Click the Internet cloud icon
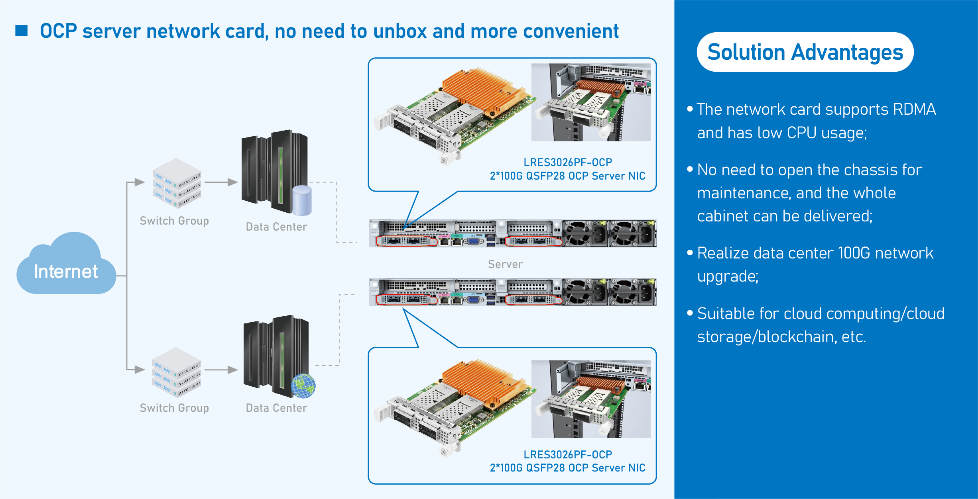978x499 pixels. (x=66, y=265)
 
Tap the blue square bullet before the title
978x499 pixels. (x=22, y=31)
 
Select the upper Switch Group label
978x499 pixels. (x=174, y=221)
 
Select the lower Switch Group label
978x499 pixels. (x=174, y=408)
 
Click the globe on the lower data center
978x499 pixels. (x=303, y=386)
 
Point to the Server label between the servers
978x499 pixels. (x=505, y=264)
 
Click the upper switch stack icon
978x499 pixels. (x=177, y=183)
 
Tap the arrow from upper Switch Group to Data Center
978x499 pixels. (x=221, y=182)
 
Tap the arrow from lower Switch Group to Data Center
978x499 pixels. (x=221, y=370)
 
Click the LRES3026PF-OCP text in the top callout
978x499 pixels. (x=568, y=162)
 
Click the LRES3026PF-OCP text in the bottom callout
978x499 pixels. (x=568, y=454)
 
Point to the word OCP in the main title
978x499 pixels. (x=59, y=31)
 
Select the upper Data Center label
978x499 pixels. (x=276, y=227)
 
